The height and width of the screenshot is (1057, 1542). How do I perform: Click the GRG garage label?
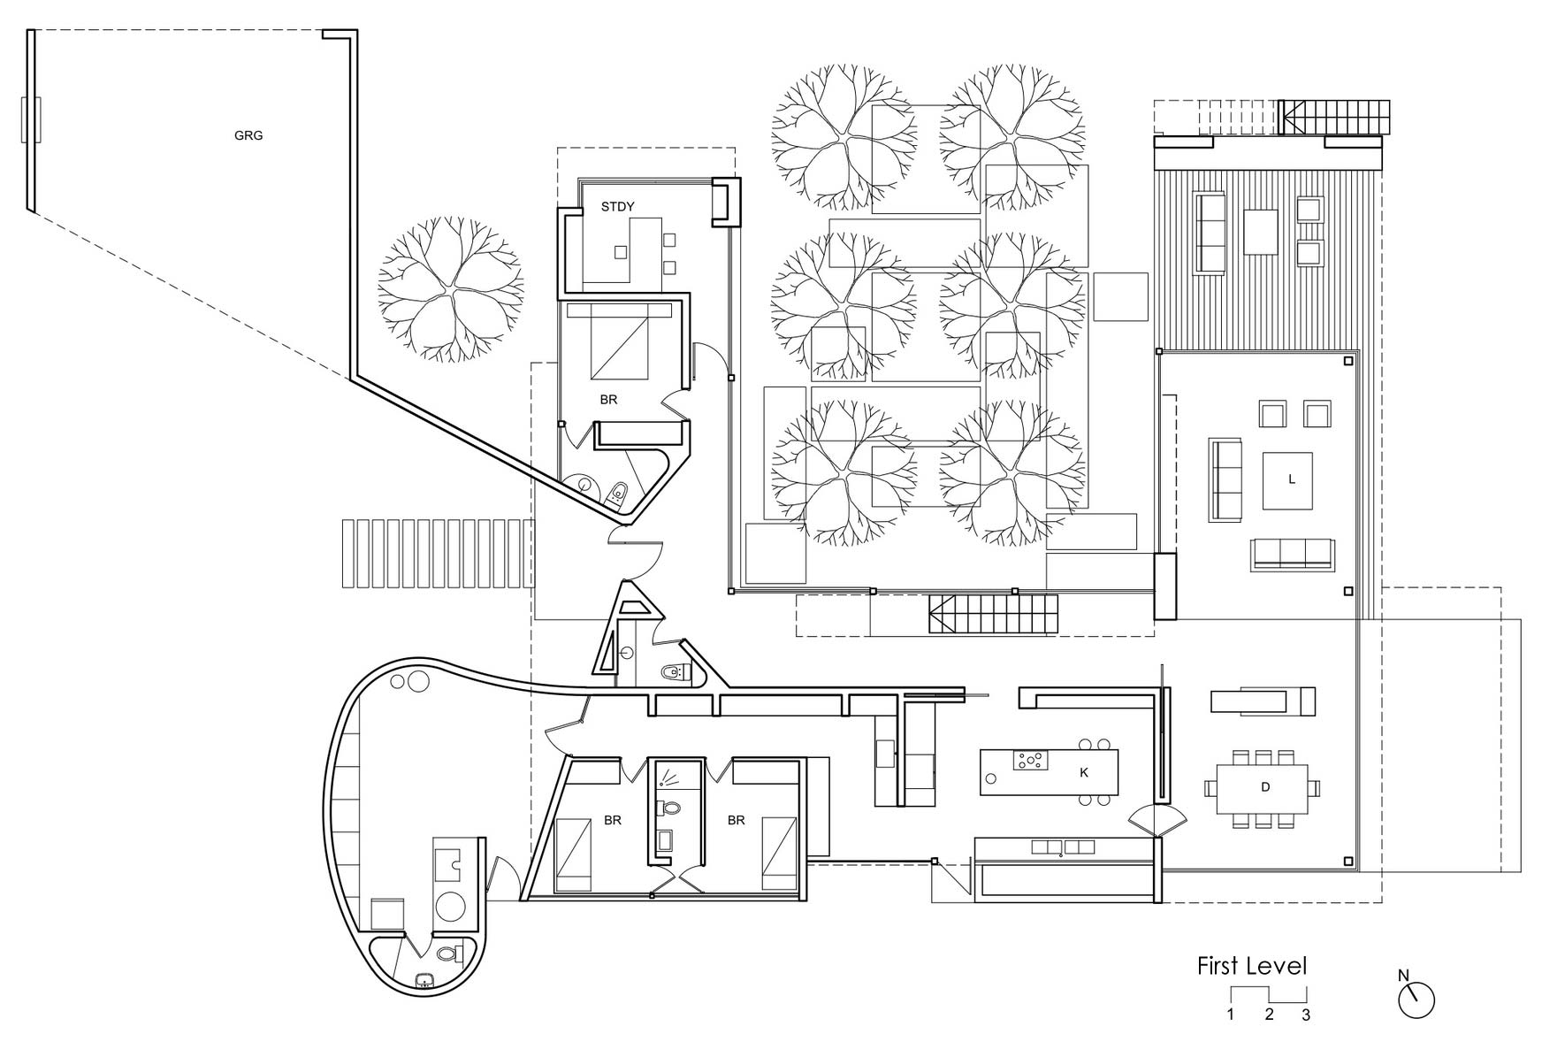pos(248,136)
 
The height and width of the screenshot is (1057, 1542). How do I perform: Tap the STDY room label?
pos(617,207)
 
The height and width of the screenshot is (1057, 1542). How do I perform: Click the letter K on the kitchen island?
pos(1084,772)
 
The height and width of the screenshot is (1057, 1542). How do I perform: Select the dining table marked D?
pos(1264,786)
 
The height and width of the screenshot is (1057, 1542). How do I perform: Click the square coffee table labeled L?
pos(1287,480)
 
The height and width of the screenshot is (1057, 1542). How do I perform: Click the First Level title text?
pos(1251,966)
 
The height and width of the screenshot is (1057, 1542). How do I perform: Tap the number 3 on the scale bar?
pos(1306,1015)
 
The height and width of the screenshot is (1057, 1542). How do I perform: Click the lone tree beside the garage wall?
pos(451,289)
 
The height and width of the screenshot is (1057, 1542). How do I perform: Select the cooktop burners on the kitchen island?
pos(1031,761)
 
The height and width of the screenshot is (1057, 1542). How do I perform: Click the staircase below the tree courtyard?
pos(993,614)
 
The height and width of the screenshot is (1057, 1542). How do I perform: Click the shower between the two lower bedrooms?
pos(668,776)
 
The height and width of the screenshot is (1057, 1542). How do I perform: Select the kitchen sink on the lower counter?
pos(1061,847)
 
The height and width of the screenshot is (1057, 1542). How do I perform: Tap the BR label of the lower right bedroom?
pos(736,821)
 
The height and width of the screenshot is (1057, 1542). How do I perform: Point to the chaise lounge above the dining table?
pos(1263,701)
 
